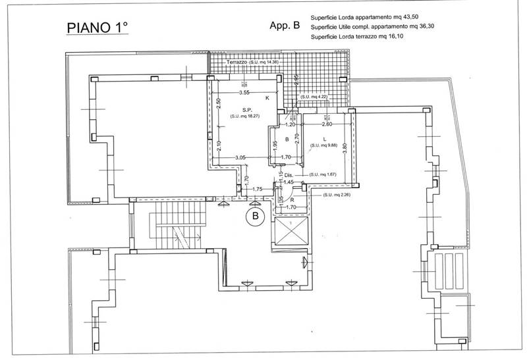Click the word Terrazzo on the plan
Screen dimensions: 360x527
[x=236, y=61]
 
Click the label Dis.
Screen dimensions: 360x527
[x=288, y=175]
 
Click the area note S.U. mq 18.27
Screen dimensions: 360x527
[x=244, y=116]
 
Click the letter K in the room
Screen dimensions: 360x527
[x=267, y=98]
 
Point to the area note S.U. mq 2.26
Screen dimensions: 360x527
[x=336, y=195]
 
